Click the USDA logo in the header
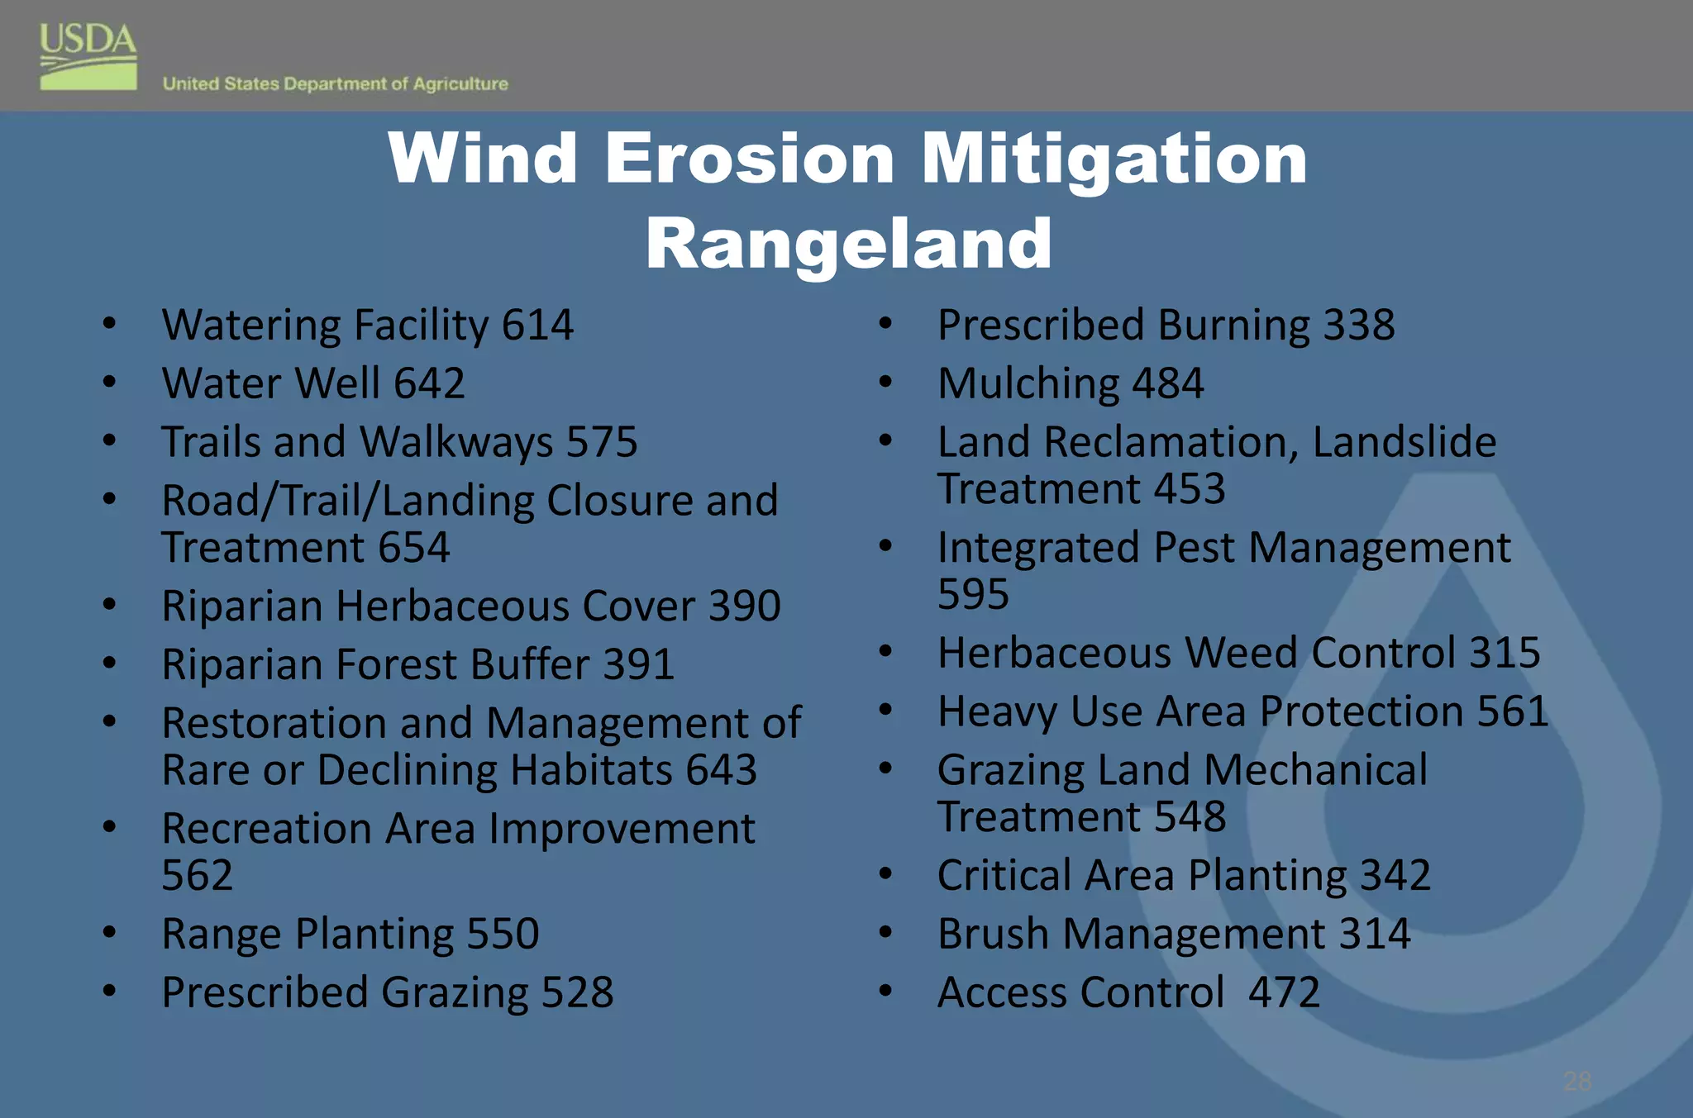(x=88, y=56)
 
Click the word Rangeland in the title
(x=848, y=244)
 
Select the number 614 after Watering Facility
(x=537, y=325)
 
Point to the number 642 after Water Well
(x=429, y=383)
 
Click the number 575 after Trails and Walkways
(x=602, y=442)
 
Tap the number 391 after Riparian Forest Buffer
(x=638, y=664)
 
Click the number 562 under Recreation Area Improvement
(x=197, y=875)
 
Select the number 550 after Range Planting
(x=503, y=934)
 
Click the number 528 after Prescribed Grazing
(x=577, y=992)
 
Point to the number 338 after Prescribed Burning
(x=1359, y=325)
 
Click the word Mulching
(x=1028, y=384)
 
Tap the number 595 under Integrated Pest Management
(x=973, y=594)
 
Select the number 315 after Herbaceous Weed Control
(x=1505, y=653)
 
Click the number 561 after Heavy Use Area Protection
(x=1513, y=711)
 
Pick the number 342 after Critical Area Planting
(x=1395, y=875)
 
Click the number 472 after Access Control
(x=1284, y=992)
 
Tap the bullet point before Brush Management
(x=885, y=934)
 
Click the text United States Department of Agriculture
(x=335, y=84)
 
